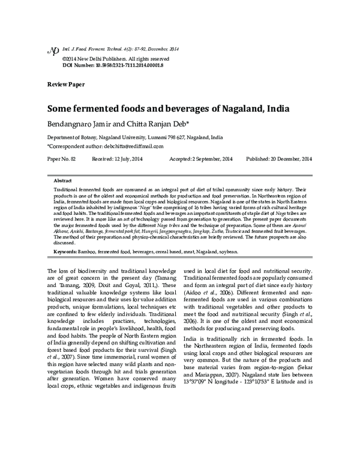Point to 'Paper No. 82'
click(x=62, y=159)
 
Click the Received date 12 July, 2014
click(x=128, y=159)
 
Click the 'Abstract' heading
click(x=62, y=181)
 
